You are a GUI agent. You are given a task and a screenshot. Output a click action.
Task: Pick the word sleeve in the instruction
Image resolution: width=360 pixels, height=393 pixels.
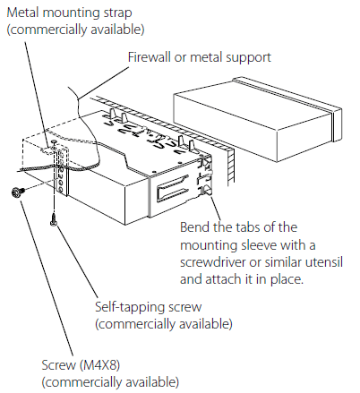coord(259,245)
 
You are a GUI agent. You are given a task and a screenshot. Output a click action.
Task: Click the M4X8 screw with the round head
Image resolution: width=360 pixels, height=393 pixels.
coord(16,192)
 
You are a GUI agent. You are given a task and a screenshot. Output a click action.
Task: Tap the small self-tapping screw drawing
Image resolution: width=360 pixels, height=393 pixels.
coord(54,218)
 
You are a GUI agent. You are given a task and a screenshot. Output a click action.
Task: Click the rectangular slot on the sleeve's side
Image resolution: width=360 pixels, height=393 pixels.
coord(172,189)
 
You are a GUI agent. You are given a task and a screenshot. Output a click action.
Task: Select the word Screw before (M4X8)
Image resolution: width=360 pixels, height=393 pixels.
coord(59,365)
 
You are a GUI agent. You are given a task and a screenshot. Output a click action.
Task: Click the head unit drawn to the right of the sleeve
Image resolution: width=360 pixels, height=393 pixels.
coord(258,119)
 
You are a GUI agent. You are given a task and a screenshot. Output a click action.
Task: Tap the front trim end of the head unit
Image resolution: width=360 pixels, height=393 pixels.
coord(337,125)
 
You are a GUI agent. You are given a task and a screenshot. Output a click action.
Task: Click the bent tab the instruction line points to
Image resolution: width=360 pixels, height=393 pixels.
coord(207,190)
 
